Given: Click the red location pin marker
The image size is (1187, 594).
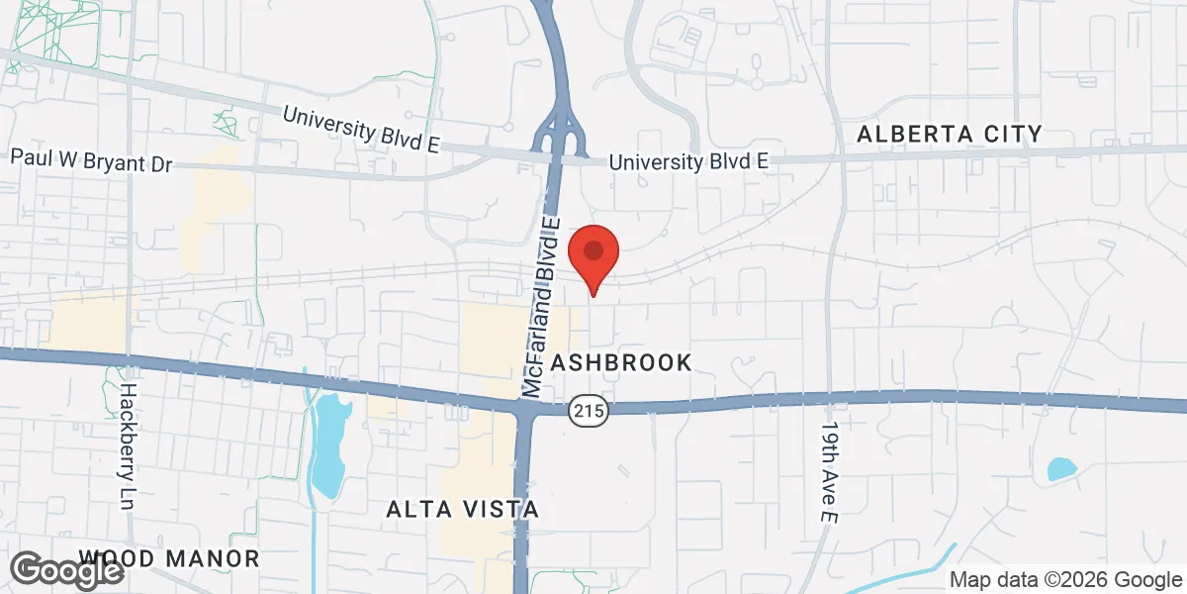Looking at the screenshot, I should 593,253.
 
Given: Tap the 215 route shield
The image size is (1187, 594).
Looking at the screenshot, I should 589,409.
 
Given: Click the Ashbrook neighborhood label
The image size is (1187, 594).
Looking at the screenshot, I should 621,362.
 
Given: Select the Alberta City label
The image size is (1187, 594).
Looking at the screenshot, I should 950,134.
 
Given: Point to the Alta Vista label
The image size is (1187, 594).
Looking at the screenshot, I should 462,510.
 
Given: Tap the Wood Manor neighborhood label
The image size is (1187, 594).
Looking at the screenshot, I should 169,559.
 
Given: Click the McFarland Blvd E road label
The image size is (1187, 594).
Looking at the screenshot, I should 542,307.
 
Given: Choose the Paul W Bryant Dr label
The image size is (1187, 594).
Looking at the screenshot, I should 91,159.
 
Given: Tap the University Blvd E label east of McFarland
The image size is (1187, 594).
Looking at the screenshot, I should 687,160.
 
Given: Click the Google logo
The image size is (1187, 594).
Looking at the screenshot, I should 67,570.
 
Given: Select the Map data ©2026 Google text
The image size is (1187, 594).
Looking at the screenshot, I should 1066,580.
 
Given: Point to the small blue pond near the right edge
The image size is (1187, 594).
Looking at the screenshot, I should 1061,469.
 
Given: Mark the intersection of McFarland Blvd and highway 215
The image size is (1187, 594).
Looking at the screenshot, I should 524,407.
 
